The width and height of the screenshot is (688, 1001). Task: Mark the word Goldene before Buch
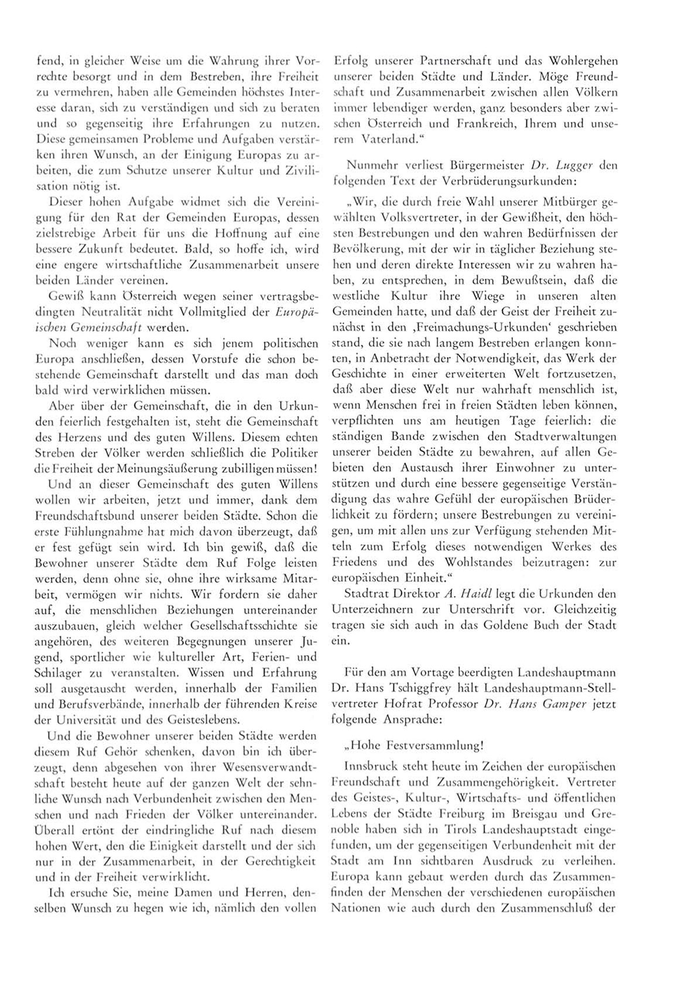coord(505,625)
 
